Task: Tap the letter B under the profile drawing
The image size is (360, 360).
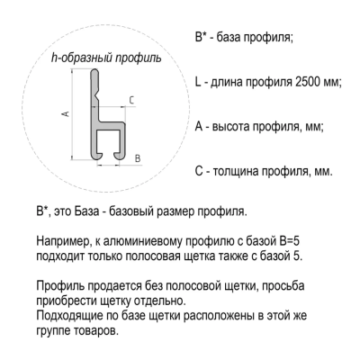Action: [x=136, y=157]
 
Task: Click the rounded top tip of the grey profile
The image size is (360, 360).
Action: [x=94, y=77]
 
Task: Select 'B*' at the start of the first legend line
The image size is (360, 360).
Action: [x=200, y=38]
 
